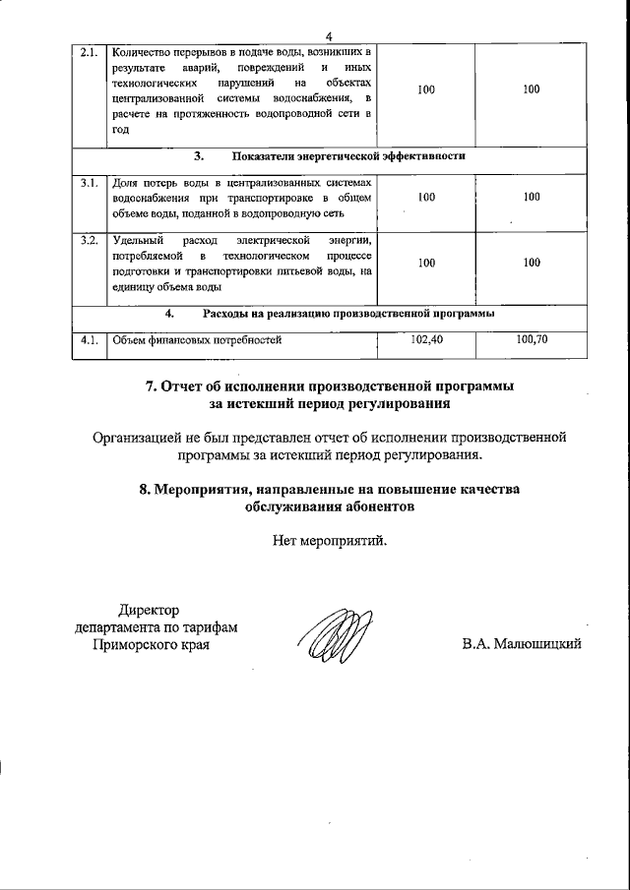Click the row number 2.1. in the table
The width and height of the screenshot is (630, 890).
tap(88, 52)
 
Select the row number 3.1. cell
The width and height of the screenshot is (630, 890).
tap(88, 183)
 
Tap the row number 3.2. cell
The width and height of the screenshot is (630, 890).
tap(88, 240)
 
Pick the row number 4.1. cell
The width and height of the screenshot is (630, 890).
tap(88, 340)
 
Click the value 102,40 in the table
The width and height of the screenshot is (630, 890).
tap(425, 340)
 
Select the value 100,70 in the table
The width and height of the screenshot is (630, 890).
tap(532, 340)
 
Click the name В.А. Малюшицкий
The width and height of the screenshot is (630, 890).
tap(522, 644)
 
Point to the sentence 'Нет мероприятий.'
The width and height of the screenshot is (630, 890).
tap(330, 540)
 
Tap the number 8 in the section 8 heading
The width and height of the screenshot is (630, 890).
tap(146, 489)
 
